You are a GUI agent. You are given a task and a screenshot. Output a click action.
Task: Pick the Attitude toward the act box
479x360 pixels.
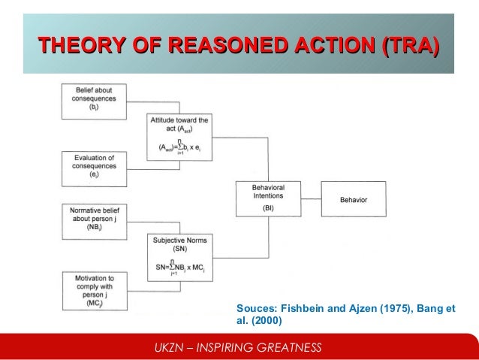pos(180,136)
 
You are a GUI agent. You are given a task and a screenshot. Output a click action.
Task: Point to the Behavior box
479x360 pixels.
pos(353,199)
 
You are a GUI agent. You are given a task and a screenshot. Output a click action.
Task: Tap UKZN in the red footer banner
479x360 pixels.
pos(168,347)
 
